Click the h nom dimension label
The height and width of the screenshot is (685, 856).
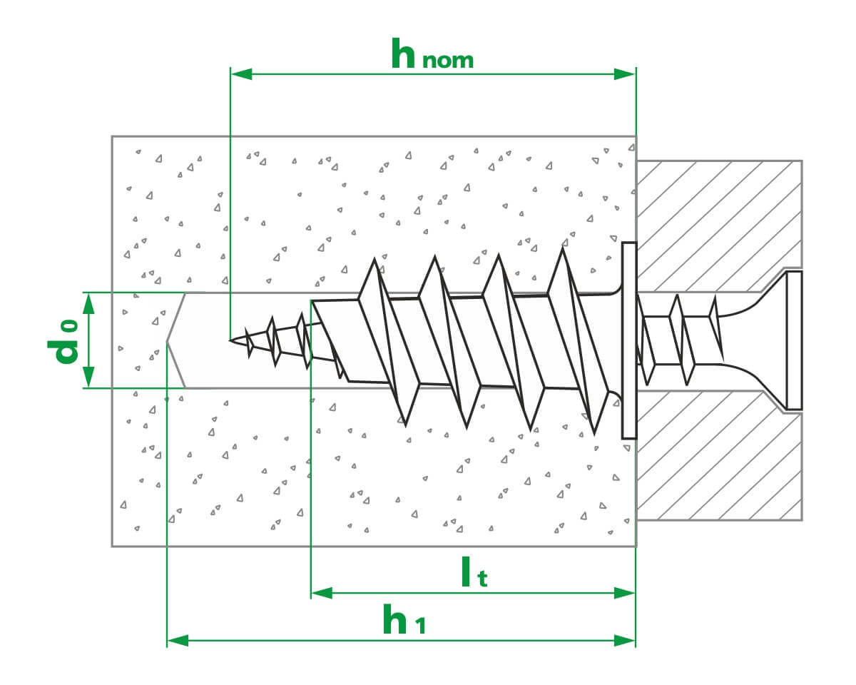(x=432, y=55)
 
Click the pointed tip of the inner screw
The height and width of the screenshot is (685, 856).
(x=232, y=340)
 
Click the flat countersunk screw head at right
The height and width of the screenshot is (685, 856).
(x=793, y=340)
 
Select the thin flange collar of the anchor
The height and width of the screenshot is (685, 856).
(x=628, y=340)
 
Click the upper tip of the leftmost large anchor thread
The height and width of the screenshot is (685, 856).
(x=374, y=262)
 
